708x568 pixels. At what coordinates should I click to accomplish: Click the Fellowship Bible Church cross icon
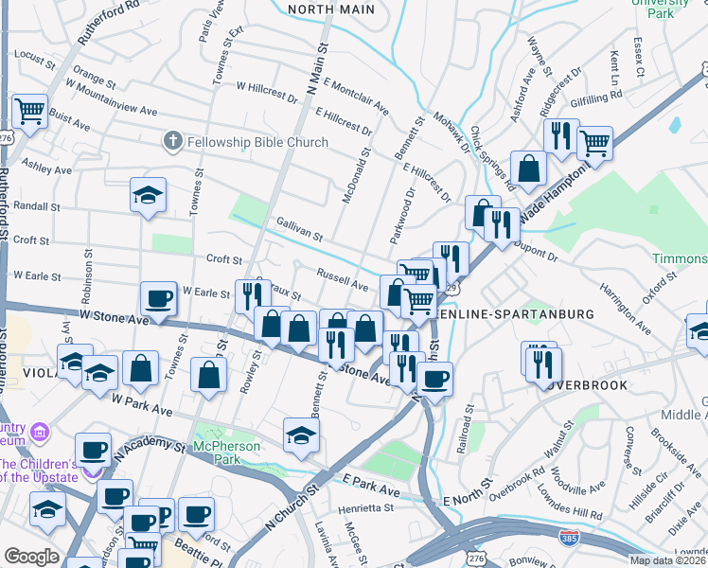tap(171, 142)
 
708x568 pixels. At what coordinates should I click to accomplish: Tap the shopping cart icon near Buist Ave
tap(29, 111)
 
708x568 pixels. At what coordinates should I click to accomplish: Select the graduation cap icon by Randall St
tap(149, 196)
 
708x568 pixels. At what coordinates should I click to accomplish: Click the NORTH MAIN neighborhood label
tap(331, 9)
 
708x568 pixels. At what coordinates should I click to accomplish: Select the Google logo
tap(30, 557)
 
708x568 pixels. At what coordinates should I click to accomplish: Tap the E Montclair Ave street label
tap(356, 96)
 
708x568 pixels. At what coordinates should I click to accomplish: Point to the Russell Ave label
tap(342, 281)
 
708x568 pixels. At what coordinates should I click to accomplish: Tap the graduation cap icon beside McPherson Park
tap(301, 435)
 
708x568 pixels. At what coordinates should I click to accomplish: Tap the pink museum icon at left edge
tap(40, 435)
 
